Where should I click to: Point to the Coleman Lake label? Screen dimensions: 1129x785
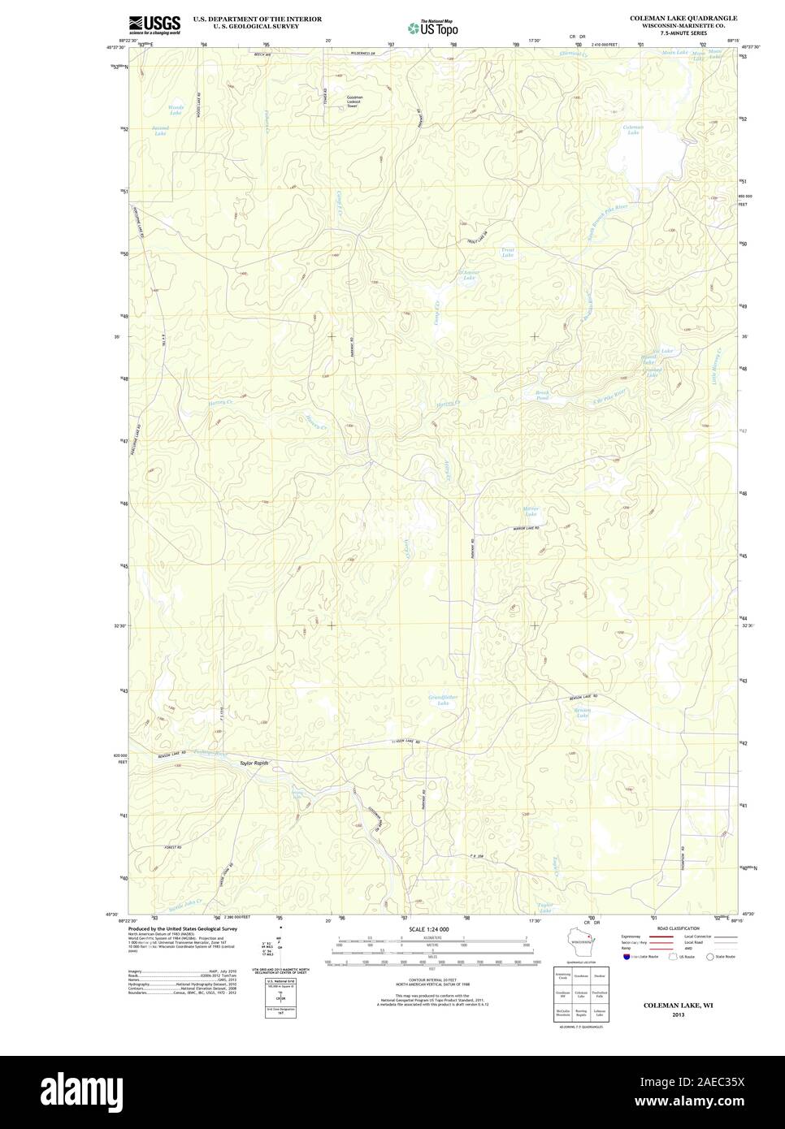[633, 130]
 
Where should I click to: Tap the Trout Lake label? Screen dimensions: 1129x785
[508, 253]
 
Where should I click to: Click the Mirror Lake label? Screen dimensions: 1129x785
[531, 512]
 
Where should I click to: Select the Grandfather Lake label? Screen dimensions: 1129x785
[443, 699]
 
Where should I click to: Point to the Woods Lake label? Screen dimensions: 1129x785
[176, 110]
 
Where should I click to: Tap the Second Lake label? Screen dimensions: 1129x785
[159, 130]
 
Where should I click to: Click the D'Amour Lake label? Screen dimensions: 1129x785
[469, 275]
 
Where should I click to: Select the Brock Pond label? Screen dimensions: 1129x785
[542, 396]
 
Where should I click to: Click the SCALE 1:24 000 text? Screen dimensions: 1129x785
[428, 928]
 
